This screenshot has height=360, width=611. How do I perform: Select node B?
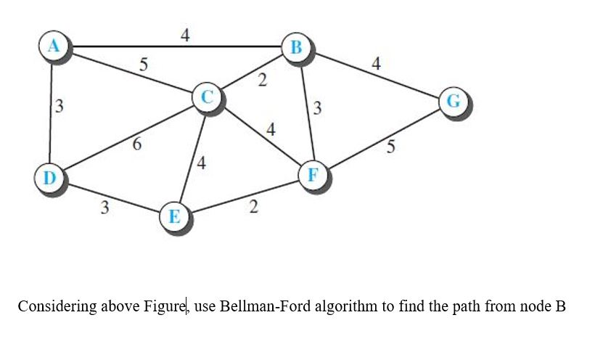[295, 47]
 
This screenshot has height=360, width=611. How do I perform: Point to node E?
[174, 217]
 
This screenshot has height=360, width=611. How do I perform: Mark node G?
[453, 101]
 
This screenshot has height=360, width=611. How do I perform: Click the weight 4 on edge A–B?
[185, 35]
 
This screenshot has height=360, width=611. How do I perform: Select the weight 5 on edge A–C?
[144, 65]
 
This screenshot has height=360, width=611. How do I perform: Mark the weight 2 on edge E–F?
[253, 207]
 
